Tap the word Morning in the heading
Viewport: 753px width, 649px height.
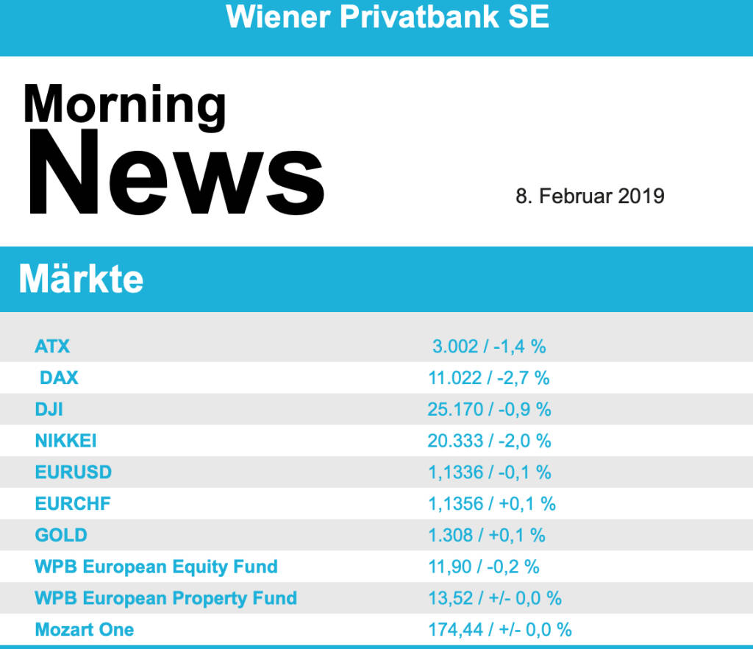click(x=125, y=104)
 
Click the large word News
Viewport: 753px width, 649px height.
click(x=175, y=173)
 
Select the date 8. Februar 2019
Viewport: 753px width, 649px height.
click(x=590, y=196)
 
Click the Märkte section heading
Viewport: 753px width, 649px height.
click(x=81, y=280)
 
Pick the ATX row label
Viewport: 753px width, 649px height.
click(x=52, y=346)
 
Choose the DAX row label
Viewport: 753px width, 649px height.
click(x=59, y=378)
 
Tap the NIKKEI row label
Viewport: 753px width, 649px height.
click(x=65, y=441)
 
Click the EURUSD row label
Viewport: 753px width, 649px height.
click(x=73, y=472)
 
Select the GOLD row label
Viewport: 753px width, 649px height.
click(x=61, y=535)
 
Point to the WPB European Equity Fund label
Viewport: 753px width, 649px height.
click(x=156, y=567)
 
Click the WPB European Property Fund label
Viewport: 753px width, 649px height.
click(x=165, y=598)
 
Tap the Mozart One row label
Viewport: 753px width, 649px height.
click(x=85, y=629)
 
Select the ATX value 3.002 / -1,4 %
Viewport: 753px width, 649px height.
click(x=489, y=346)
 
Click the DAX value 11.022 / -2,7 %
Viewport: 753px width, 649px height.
click(x=489, y=378)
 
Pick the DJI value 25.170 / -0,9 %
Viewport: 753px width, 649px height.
click(x=489, y=409)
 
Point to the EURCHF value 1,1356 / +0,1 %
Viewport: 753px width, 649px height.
click(x=491, y=504)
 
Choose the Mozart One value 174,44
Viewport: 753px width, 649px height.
click(x=456, y=629)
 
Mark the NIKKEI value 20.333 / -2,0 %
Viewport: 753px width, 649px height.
click(x=489, y=441)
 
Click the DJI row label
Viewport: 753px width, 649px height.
click(x=49, y=409)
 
